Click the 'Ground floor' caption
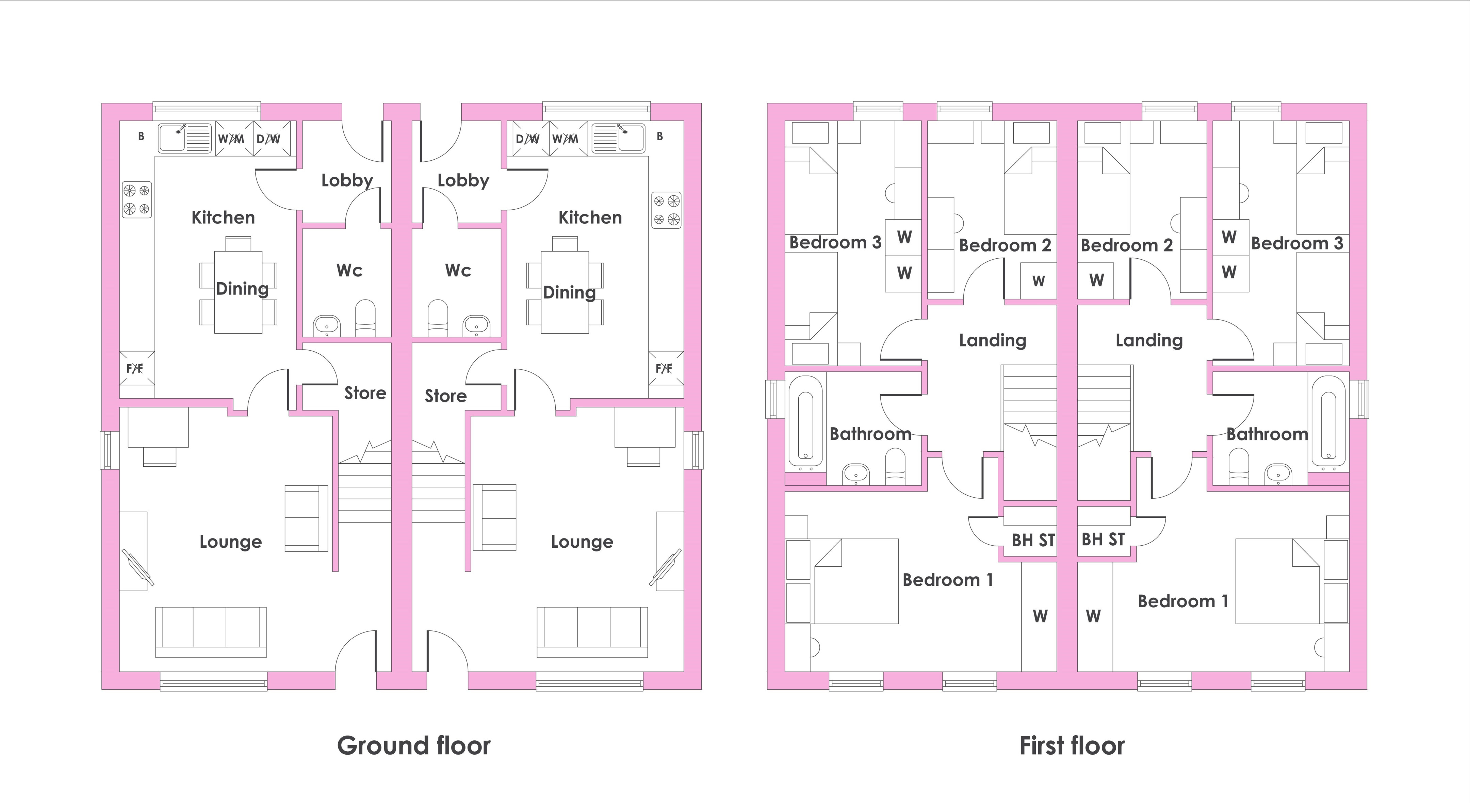[x=414, y=745]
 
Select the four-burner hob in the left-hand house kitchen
[x=137, y=200]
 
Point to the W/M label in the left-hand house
[x=231, y=139]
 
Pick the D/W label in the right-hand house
[x=528, y=139]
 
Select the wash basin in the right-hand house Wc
[x=476, y=325]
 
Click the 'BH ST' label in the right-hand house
[x=1103, y=539]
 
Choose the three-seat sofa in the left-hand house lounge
[x=211, y=632]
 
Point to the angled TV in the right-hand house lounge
[x=665, y=567]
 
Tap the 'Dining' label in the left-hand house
[x=242, y=289]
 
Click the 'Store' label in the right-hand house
[x=446, y=396]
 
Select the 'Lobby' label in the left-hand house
[x=347, y=180]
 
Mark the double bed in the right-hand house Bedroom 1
[x=1279, y=581]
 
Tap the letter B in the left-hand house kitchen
[x=141, y=136]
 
